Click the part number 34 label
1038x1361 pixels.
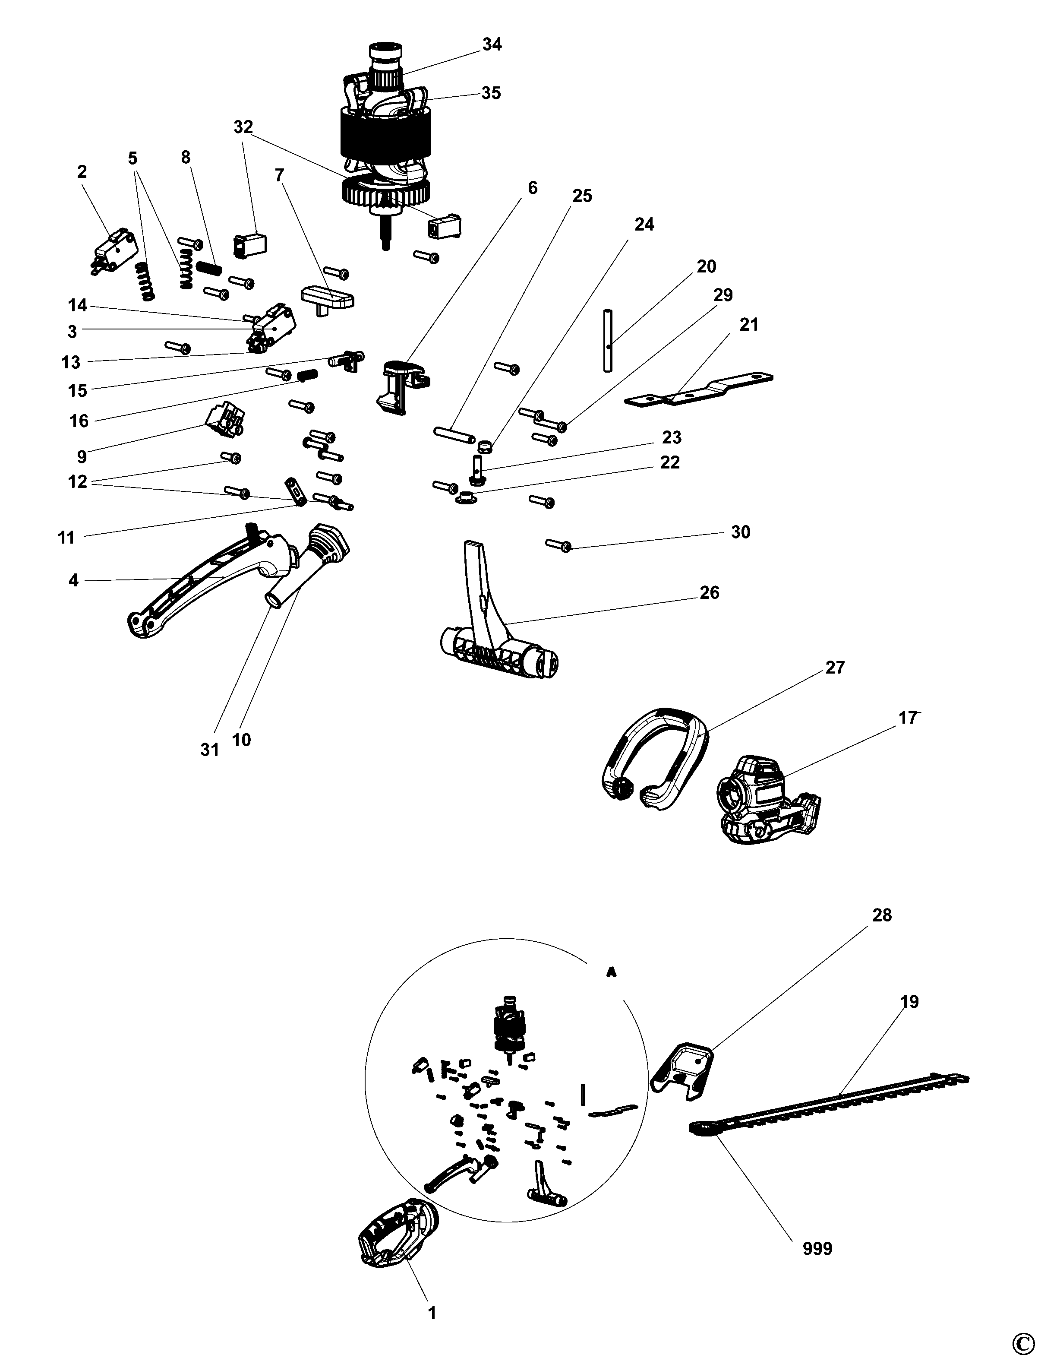(492, 44)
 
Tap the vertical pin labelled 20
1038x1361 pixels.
(609, 341)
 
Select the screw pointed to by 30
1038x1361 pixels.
(558, 544)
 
